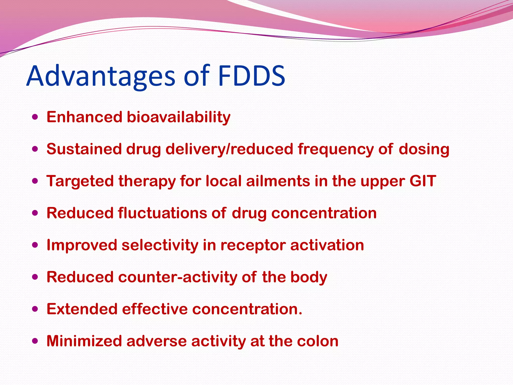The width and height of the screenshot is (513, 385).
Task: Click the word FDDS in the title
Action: point(251,76)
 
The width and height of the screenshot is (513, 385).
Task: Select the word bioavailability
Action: point(178,117)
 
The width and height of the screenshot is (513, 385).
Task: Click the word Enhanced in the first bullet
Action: point(84,117)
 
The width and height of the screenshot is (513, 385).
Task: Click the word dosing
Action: point(424,149)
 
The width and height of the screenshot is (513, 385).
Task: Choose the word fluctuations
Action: point(162,213)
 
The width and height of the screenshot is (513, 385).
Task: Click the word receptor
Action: point(253,245)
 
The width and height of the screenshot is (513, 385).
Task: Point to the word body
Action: point(309,277)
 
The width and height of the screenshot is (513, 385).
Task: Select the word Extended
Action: point(82,309)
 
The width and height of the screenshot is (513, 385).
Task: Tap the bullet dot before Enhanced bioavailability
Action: point(35,117)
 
